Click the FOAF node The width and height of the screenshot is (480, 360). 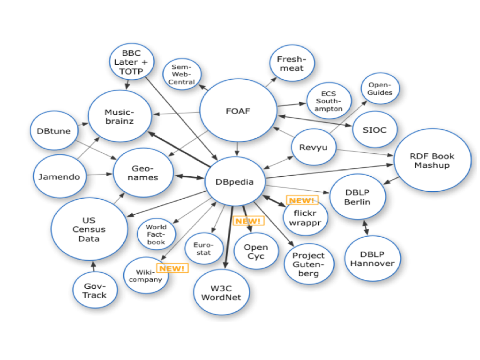[238, 111]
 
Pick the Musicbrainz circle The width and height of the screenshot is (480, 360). [120, 117]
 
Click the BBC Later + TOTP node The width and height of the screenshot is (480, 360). [131, 62]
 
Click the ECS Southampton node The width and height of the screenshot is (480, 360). [329, 101]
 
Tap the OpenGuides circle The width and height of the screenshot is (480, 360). [380, 88]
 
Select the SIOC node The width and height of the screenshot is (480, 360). [374, 129]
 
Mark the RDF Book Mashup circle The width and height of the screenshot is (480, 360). [432, 161]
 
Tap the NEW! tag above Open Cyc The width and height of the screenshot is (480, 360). [248, 221]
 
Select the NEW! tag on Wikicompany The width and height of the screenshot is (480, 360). [172, 269]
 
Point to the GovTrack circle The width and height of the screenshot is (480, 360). [95, 291]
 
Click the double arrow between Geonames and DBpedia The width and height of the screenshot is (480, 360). [189, 177]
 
